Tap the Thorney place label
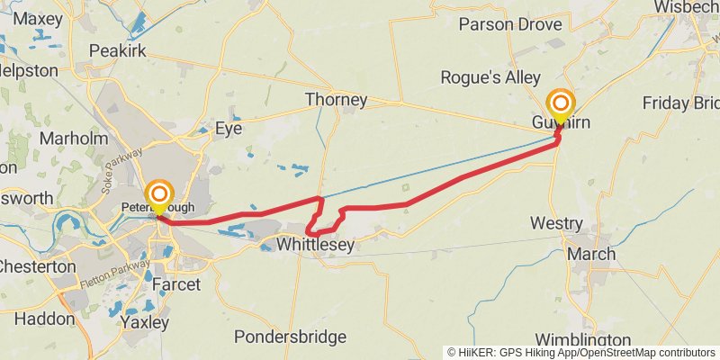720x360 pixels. pyautogui.click(x=336, y=100)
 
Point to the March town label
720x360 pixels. pyautogui.click(x=590, y=254)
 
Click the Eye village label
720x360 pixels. pyautogui.click(x=229, y=129)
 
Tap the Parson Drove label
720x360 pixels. pyautogui.click(x=515, y=23)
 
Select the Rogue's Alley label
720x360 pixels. pyautogui.click(x=490, y=78)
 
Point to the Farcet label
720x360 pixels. pyautogui.click(x=176, y=285)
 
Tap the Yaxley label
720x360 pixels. pyautogui.click(x=145, y=321)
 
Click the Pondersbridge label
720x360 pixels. pyautogui.click(x=290, y=337)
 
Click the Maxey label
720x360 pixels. pyautogui.click(x=38, y=18)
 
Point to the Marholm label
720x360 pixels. pyautogui.click(x=74, y=139)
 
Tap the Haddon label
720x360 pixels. pyautogui.click(x=45, y=319)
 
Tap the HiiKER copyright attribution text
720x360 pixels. pyautogui.click(x=581, y=353)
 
